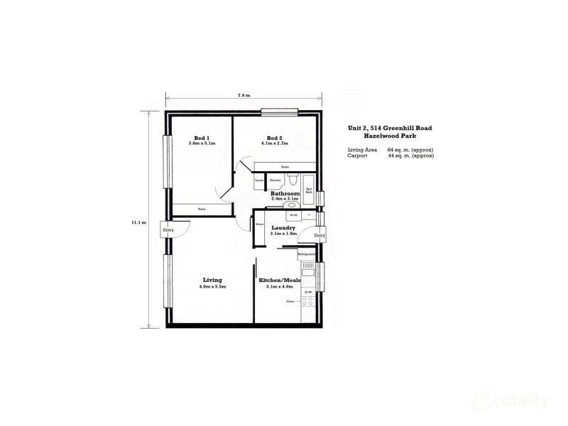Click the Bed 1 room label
[202, 138]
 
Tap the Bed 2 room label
[275, 138]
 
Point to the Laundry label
[283, 228]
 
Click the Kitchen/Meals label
[283, 281]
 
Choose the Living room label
[212, 280]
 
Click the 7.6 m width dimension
[245, 95]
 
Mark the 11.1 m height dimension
[138, 222]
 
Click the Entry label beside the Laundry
[319, 235]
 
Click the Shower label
[275, 180]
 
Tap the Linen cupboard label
[260, 180]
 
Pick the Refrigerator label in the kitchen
[306, 253]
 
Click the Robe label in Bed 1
[202, 209]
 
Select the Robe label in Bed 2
[285, 167]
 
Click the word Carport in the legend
[357, 155]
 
